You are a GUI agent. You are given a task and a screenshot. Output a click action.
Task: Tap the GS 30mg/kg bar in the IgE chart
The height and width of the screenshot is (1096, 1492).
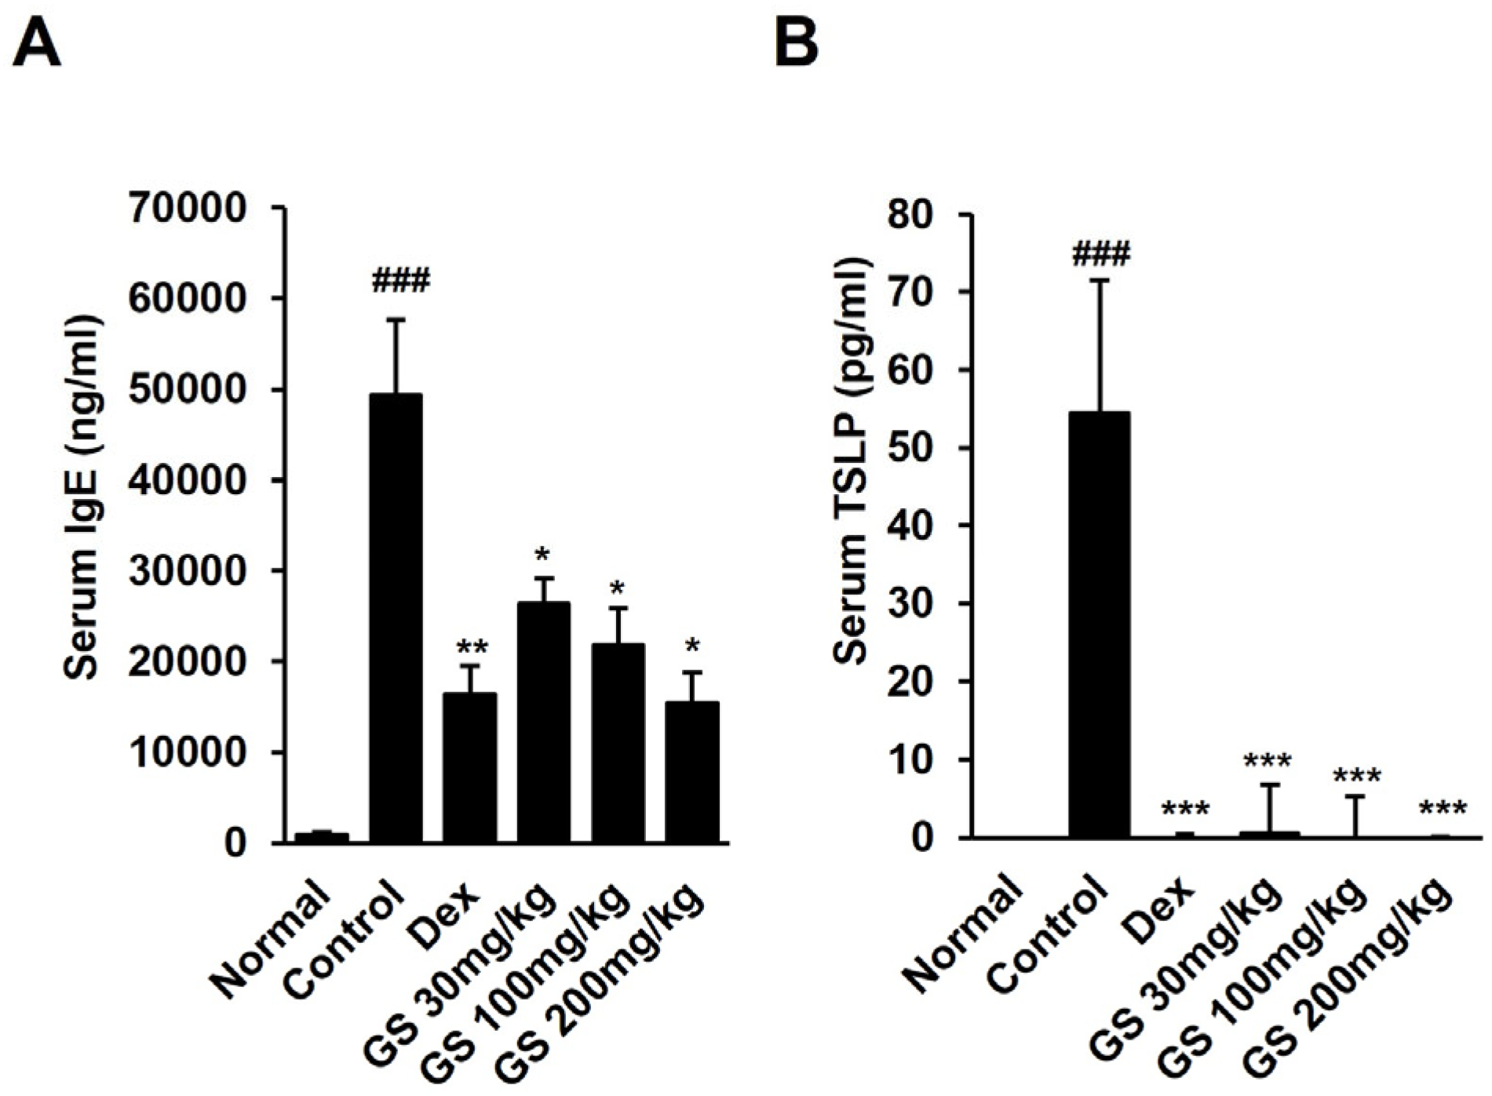click(543, 722)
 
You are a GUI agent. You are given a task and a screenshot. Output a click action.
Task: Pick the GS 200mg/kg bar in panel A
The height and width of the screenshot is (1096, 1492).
click(691, 772)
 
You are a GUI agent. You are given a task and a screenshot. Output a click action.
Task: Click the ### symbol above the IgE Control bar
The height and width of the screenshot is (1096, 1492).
click(401, 280)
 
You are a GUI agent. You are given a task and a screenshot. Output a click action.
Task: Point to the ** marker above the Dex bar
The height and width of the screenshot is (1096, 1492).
click(471, 648)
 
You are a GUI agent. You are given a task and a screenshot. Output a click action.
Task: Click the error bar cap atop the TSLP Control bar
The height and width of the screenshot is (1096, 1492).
click(1100, 280)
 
